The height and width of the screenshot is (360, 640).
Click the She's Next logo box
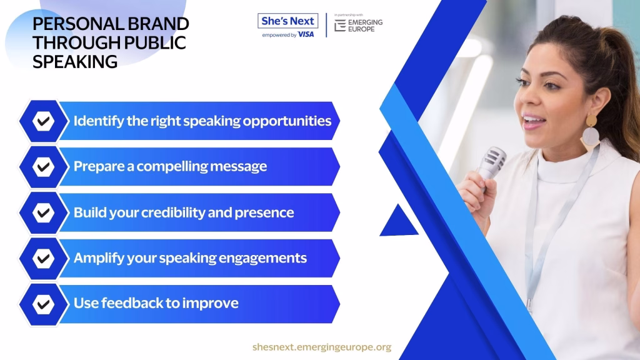(287, 21)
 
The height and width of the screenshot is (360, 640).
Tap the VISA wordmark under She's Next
(306, 35)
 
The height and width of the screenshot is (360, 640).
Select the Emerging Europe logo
(358, 25)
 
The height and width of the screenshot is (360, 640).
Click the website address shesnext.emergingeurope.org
(322, 347)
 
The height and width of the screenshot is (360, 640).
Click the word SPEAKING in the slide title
(75, 62)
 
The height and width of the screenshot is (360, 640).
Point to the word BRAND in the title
(158, 24)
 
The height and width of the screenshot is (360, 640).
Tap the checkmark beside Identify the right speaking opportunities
(43, 121)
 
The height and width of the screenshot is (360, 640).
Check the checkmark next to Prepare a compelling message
(43, 166)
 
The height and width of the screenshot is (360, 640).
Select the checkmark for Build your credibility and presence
(43, 212)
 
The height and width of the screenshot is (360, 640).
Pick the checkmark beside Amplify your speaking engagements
(43, 258)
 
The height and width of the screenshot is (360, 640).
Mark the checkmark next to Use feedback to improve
(43, 304)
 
